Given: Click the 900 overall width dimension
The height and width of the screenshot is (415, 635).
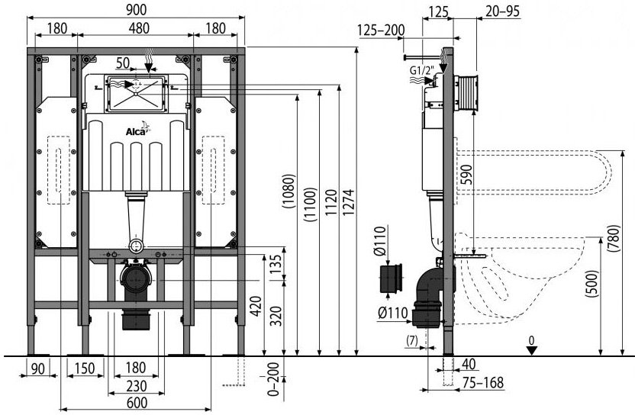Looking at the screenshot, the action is tap(136, 9).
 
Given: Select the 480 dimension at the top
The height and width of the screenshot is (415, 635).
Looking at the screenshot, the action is tap(139, 28).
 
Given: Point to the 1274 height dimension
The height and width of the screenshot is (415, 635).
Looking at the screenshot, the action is tap(350, 202).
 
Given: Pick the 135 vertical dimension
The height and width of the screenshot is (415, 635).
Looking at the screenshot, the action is tap(276, 265).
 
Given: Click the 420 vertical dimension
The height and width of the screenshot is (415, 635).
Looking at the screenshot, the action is tap(256, 307).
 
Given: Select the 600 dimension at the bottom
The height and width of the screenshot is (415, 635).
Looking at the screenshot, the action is tap(137, 403).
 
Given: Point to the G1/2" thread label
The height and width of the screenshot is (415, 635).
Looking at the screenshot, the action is tap(421, 70).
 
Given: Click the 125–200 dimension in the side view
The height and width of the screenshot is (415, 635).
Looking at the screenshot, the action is tap(381, 30).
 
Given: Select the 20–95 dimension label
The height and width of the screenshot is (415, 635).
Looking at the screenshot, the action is tap(502, 11).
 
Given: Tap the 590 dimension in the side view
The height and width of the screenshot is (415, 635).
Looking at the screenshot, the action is tap(466, 175).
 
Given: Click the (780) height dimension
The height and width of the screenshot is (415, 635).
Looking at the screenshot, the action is tap(614, 238).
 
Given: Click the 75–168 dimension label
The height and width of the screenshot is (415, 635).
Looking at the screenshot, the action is tap(483, 382).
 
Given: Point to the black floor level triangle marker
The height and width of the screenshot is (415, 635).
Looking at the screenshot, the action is tap(531, 351).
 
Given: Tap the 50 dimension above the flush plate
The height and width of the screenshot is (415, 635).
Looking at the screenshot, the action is tap(123, 63).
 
